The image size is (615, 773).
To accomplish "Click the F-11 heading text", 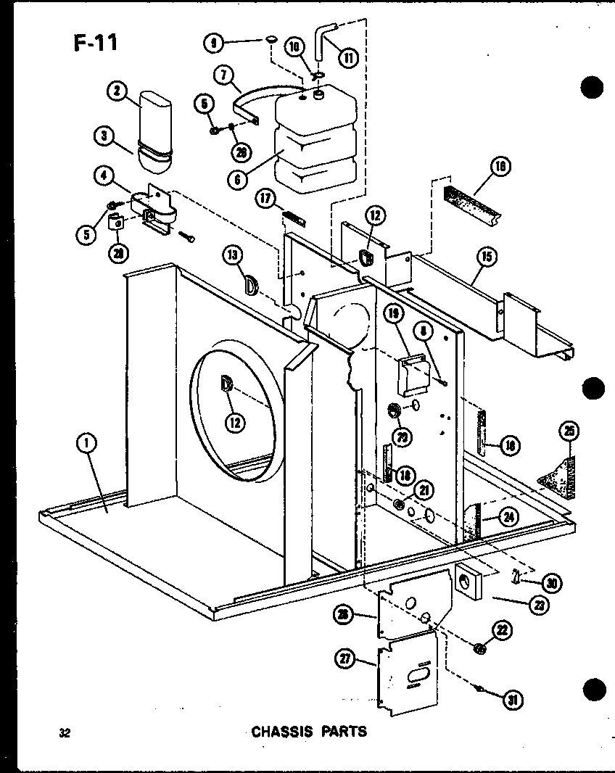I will click(95, 42).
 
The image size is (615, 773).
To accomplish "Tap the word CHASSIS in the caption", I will click(281, 731).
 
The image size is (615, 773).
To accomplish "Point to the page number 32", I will click(65, 732).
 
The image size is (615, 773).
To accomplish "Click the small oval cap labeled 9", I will click(271, 39).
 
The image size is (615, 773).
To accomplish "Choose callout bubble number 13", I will click(232, 255).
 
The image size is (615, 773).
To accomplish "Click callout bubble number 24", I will click(508, 517).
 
